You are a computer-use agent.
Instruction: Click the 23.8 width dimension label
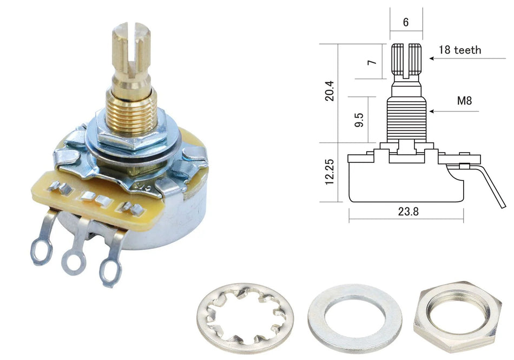coord(408,212)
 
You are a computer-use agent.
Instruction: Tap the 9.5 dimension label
coord(359,120)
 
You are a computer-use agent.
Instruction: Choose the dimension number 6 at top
coord(406,22)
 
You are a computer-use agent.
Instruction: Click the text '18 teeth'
coord(460,50)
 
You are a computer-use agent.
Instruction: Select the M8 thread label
coord(465,101)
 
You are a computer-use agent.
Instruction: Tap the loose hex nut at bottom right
coord(458,315)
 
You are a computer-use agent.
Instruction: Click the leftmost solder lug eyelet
coord(42,252)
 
